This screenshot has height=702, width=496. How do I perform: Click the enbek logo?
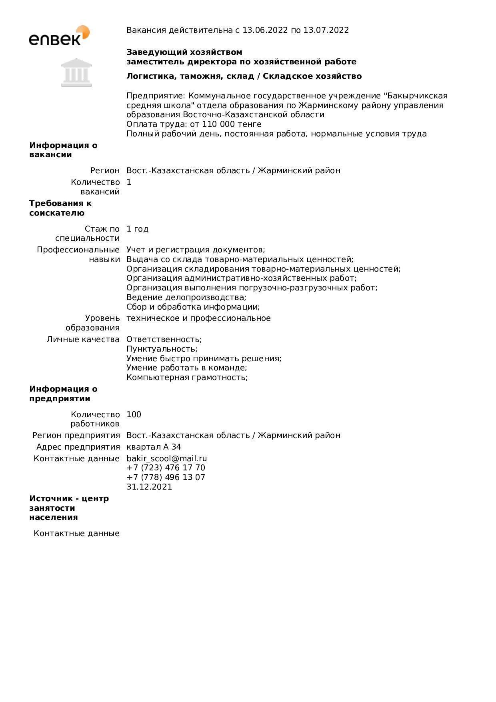pyautogui.click(x=59, y=36)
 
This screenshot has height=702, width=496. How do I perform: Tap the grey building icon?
pyautogui.click(x=76, y=73)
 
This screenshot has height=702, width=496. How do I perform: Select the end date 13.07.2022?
pyautogui.click(x=326, y=30)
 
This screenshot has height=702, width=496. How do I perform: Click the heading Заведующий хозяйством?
pyautogui.click(x=184, y=52)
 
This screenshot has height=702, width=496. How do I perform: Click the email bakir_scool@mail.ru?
pyautogui.click(x=167, y=458)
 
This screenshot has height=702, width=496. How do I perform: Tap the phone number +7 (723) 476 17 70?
pyautogui.click(x=166, y=468)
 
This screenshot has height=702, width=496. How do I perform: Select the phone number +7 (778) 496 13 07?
pyautogui.click(x=166, y=477)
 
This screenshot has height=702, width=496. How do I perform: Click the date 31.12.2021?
pyautogui.click(x=149, y=487)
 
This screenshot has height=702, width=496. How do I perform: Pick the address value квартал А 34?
pyautogui.click(x=154, y=447)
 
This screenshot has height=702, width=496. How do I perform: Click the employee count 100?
pyautogui.click(x=134, y=414)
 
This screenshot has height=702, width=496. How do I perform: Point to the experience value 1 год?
pyautogui.click(x=137, y=229)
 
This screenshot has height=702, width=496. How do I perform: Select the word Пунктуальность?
pyautogui.click(x=161, y=349)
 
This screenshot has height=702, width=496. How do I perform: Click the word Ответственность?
pyautogui.click(x=164, y=339)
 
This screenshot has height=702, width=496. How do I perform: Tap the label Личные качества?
pyautogui.click(x=83, y=339)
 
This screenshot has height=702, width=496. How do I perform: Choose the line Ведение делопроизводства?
pyautogui.click(x=186, y=297)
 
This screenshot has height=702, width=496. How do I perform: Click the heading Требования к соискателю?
pyautogui.click(x=60, y=208)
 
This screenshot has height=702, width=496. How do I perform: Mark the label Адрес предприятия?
pyautogui.click(x=78, y=447)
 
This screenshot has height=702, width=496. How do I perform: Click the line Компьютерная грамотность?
pyautogui.click(x=187, y=377)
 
